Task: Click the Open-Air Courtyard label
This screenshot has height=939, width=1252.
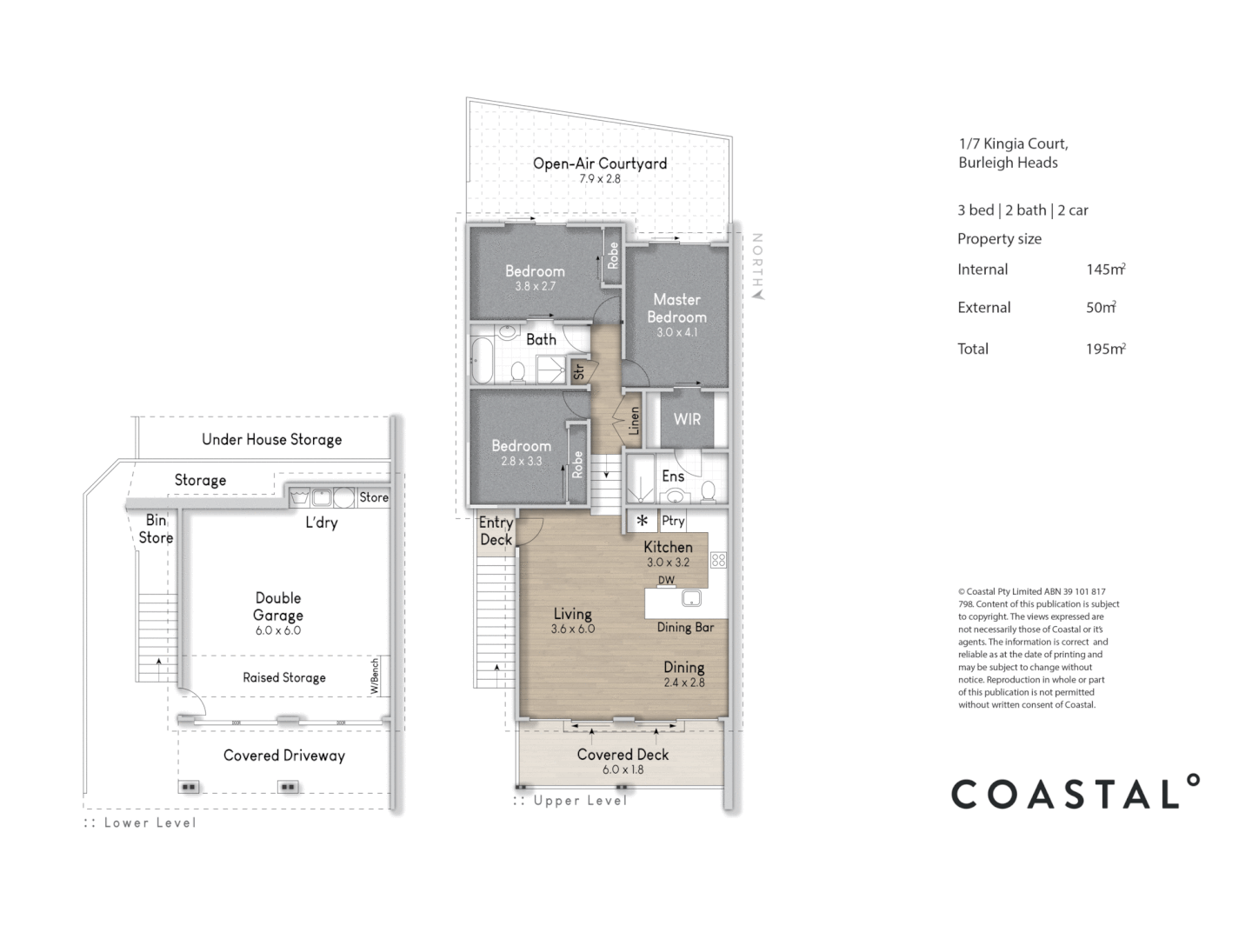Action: click(600, 163)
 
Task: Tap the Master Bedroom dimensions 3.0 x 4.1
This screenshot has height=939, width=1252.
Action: click(676, 333)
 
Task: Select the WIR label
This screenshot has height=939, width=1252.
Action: click(687, 419)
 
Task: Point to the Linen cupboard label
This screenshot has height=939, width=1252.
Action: click(634, 421)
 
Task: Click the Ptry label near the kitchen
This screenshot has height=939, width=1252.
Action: click(673, 521)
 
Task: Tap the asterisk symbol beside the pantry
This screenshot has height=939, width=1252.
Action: click(643, 521)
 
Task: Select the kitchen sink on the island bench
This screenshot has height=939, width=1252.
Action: click(691, 598)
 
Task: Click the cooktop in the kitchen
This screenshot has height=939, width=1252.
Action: click(718, 561)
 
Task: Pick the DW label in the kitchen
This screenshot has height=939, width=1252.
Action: click(666, 580)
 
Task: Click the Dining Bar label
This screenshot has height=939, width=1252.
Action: click(685, 627)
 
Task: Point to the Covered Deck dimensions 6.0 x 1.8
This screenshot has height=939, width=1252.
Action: click(623, 769)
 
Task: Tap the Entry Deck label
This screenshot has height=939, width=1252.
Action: click(496, 530)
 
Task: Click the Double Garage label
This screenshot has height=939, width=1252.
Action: click(278, 606)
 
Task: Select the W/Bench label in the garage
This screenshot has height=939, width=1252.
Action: click(375, 676)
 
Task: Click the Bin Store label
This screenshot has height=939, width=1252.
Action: click(156, 529)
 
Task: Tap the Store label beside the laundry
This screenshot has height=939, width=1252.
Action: click(374, 497)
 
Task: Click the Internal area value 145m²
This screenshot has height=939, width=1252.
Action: click(1105, 270)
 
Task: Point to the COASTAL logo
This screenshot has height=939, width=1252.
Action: click(1075, 793)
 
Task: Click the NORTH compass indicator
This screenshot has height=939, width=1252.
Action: click(757, 264)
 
